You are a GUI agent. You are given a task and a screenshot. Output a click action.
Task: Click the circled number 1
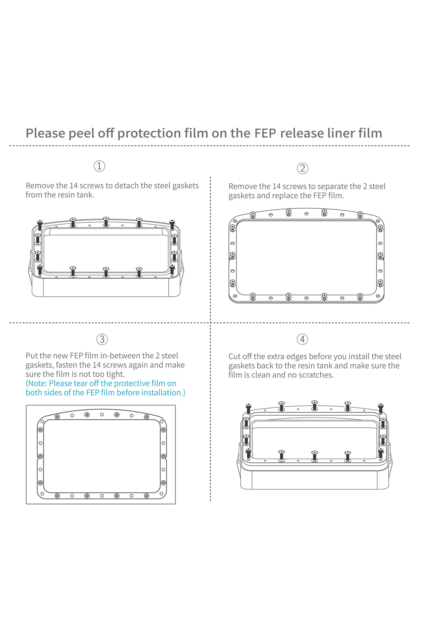[99, 166]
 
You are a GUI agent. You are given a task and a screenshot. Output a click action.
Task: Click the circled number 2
[302, 169]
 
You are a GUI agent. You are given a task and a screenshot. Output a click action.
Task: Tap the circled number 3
[102, 339]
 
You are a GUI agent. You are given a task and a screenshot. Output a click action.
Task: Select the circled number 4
[302, 339]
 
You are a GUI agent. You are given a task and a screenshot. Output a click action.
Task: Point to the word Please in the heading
[45, 133]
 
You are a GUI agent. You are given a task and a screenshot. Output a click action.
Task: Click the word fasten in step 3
[67, 365]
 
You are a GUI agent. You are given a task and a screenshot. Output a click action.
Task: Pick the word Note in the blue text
[37, 383]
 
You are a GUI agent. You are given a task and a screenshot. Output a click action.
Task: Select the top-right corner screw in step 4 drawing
[381, 408]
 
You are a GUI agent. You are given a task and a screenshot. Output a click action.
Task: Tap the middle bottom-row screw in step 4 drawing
[315, 455]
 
